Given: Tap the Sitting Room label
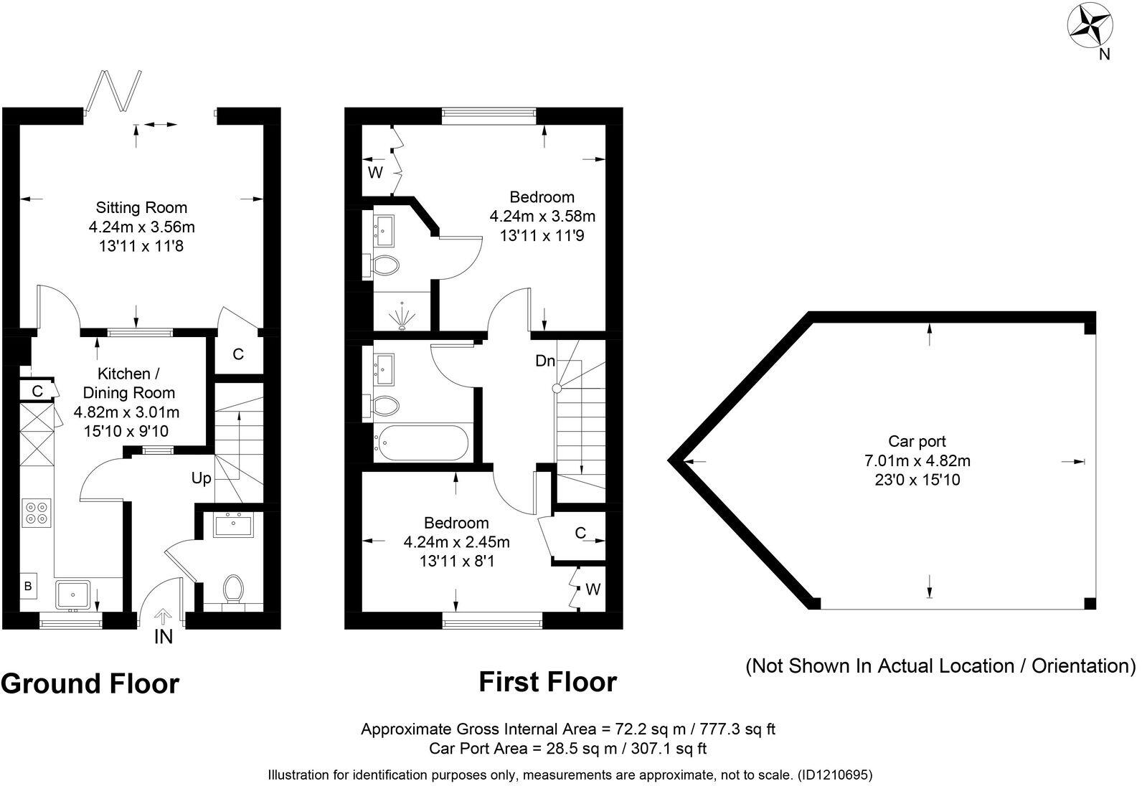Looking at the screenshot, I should (x=141, y=208).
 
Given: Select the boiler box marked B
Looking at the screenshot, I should (x=29, y=586).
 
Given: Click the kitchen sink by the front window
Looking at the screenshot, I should (x=73, y=595).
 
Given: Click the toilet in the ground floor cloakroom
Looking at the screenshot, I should (x=232, y=588).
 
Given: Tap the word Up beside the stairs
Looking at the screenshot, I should (x=202, y=478).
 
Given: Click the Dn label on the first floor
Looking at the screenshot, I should (x=545, y=361).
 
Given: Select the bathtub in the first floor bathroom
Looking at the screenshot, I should (x=420, y=442).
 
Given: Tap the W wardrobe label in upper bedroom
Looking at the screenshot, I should (x=375, y=173).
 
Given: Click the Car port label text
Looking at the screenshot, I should (x=917, y=442).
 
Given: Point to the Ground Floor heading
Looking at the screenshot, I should (x=90, y=683).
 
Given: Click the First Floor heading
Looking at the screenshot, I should (x=547, y=682).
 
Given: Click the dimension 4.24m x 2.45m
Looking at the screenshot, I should (x=456, y=542).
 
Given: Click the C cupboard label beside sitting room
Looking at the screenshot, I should (x=238, y=354).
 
